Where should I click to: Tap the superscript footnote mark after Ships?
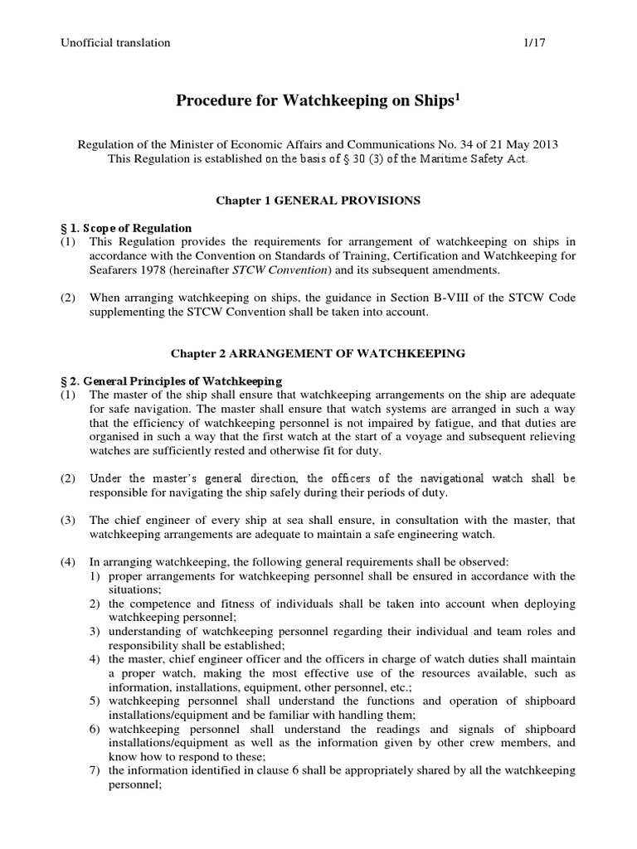tap(456, 96)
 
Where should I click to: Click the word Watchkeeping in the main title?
tap(308, 101)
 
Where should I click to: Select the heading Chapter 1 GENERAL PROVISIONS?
tap(318, 200)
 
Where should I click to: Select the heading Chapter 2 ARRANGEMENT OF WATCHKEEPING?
tap(318, 353)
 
